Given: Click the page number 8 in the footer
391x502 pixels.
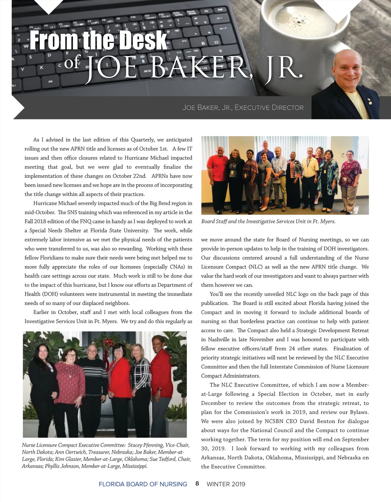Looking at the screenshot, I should (197, 483).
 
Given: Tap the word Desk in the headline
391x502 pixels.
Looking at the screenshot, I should (142, 41).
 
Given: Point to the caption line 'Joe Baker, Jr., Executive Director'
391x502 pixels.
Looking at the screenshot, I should (243, 108).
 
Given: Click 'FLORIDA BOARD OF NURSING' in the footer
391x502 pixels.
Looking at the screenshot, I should (143, 484).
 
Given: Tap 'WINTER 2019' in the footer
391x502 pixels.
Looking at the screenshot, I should (226, 484).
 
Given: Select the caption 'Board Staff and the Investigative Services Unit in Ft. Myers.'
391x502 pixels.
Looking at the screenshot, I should (268, 222).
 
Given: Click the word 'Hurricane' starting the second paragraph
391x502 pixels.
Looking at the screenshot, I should (45, 203).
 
